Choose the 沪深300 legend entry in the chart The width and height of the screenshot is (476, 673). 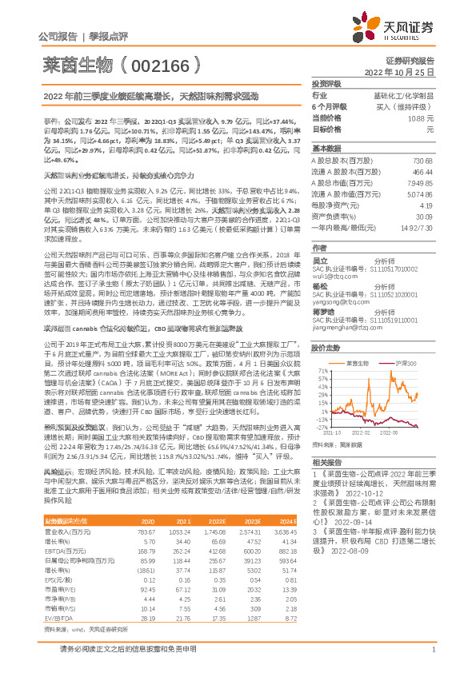click(x=406, y=340)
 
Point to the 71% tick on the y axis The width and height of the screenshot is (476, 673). click(x=322, y=348)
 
